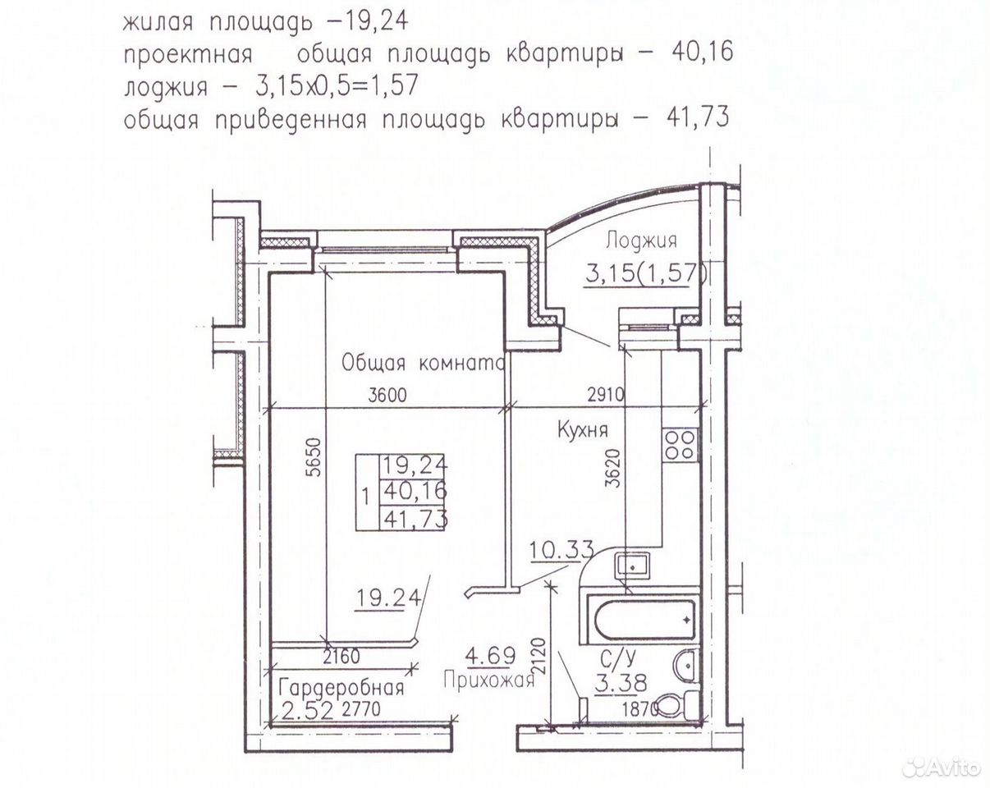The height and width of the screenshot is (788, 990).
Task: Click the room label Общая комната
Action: click(x=424, y=364)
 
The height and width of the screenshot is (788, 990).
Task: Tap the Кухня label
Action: click(x=582, y=431)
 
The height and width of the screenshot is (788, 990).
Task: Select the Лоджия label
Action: click(x=641, y=241)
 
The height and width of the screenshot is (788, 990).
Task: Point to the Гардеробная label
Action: click(x=341, y=688)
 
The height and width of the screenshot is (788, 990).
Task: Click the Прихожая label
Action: click(x=489, y=680)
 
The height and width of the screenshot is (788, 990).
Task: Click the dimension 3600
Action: click(x=387, y=395)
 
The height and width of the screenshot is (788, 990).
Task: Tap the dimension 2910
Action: click(x=605, y=395)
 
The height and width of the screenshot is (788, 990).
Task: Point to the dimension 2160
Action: click(x=341, y=657)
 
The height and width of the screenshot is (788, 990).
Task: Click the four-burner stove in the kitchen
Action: click(x=681, y=445)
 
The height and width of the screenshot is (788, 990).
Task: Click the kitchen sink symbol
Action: click(x=633, y=566)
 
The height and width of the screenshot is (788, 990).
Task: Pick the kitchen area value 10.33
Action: click(x=561, y=550)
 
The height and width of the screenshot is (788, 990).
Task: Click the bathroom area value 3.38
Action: click(x=621, y=682)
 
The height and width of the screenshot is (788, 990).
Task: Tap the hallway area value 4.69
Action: click(x=490, y=655)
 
